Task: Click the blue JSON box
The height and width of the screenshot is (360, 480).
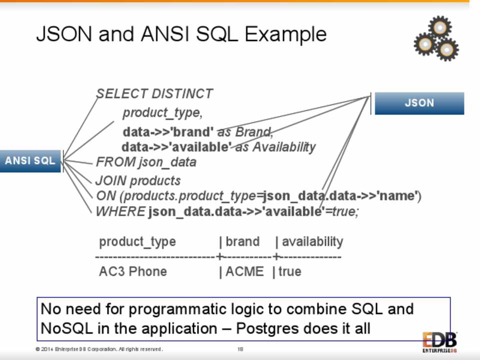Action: (x=419, y=103)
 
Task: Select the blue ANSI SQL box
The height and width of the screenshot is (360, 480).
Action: (x=30, y=161)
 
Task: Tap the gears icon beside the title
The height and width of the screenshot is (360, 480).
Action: (x=436, y=38)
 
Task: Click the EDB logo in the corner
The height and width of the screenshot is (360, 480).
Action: (x=439, y=342)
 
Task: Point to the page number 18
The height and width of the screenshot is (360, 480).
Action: (x=240, y=348)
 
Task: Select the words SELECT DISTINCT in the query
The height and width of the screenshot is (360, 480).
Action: (x=154, y=94)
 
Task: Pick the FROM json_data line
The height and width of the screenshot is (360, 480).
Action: (x=146, y=162)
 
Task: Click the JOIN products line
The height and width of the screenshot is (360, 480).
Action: (x=138, y=180)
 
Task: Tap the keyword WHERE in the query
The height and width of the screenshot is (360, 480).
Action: (x=120, y=211)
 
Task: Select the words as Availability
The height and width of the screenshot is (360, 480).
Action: (x=275, y=147)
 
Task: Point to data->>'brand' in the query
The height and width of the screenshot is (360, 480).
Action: (x=168, y=132)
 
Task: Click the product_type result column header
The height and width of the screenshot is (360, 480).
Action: (x=137, y=242)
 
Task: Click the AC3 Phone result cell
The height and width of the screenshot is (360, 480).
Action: (x=133, y=271)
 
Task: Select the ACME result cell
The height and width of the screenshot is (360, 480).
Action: (x=244, y=271)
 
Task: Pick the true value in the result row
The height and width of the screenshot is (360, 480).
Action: (x=290, y=271)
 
